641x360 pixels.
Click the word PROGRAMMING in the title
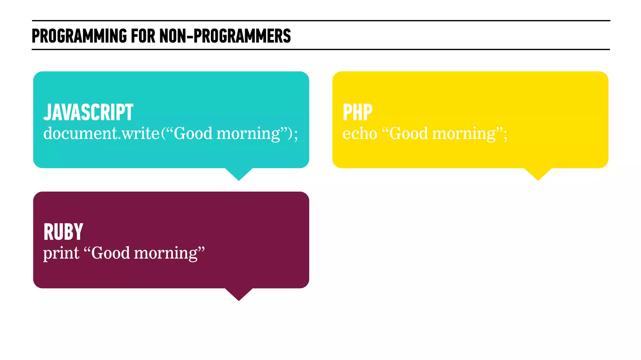point(79,36)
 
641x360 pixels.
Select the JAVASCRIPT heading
point(88,112)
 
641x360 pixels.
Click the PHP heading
point(357,112)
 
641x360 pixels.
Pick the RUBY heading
point(63,232)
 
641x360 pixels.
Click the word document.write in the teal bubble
point(101,133)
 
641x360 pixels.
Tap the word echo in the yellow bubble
point(360,134)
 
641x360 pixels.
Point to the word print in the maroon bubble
point(61,253)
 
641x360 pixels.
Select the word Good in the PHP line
point(408,134)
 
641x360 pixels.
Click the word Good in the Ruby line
point(110,253)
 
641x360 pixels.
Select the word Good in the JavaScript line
point(193,134)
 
